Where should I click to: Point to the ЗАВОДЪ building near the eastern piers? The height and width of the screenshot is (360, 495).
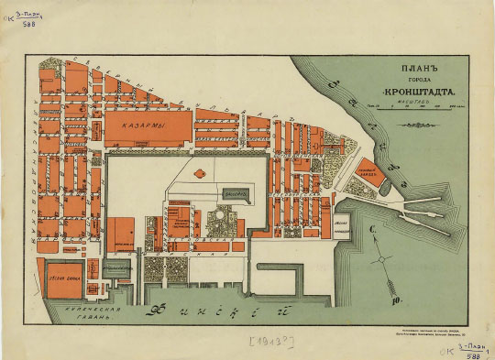[x=367, y=170]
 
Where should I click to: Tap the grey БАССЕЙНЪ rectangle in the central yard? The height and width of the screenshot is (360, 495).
[x=236, y=194]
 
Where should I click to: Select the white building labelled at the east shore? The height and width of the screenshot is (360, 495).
[x=342, y=226]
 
